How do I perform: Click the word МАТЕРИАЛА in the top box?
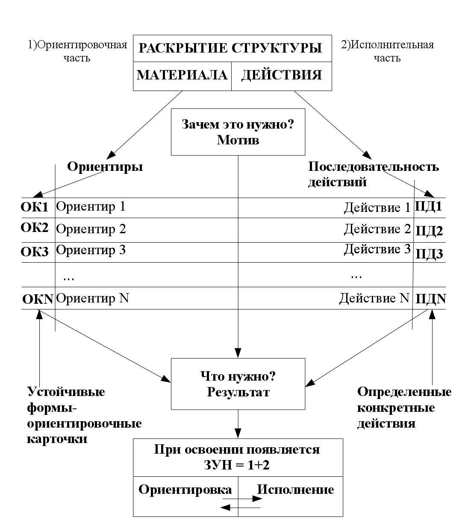click(x=182, y=75)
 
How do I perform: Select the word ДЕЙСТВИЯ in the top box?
click(x=281, y=75)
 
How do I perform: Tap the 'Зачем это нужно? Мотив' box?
click(x=238, y=132)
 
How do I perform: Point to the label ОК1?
click(x=35, y=207)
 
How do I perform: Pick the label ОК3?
click(x=35, y=252)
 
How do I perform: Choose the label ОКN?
click(x=38, y=299)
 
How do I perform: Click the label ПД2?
click(x=429, y=231)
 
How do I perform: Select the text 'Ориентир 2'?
click(x=91, y=229)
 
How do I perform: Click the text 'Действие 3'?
click(x=377, y=249)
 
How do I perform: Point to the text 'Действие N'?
click(x=374, y=298)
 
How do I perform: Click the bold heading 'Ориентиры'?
click(x=105, y=167)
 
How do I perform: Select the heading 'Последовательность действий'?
click(x=373, y=174)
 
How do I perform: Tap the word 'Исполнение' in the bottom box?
click(x=295, y=490)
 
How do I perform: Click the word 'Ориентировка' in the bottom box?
click(x=185, y=490)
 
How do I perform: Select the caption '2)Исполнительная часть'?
click(x=387, y=51)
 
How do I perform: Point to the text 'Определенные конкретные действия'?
click(x=404, y=408)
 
